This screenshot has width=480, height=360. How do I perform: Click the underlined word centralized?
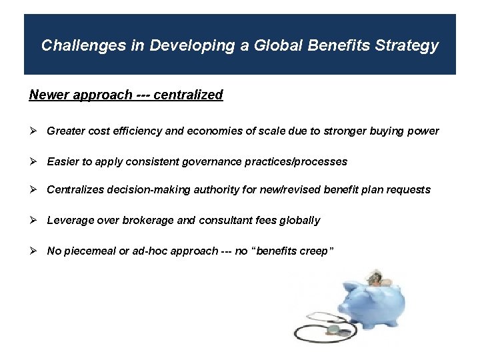tap(188, 95)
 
